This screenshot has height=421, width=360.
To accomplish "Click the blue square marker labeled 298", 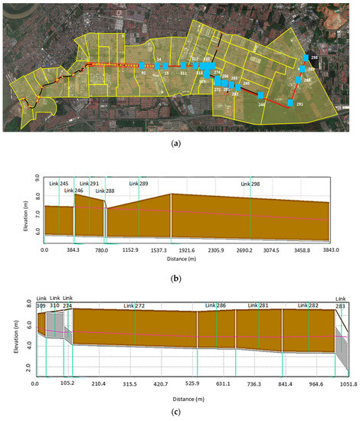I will tap(306, 58).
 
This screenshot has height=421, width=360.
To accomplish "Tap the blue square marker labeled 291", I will tap(290, 103).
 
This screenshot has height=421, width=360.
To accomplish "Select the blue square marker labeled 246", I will tap(261, 96).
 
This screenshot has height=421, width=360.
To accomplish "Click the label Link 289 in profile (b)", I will tap(139, 184).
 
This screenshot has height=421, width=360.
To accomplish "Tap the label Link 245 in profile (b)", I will tap(58, 184).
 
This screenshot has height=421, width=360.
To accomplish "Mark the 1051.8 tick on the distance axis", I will tap(348, 384).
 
